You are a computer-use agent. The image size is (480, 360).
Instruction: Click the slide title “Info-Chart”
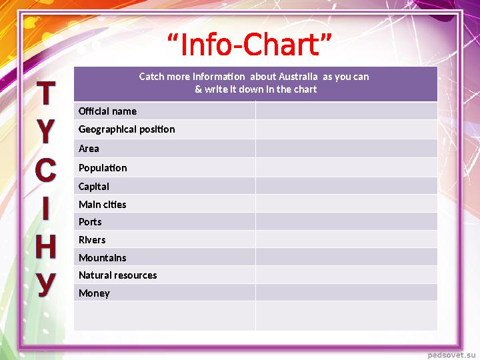(249, 45)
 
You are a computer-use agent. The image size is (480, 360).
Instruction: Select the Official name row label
(107, 111)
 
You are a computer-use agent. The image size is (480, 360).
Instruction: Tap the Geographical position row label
(127, 129)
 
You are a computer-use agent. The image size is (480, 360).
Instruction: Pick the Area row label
(89, 149)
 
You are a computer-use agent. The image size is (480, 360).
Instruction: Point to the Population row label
(103, 167)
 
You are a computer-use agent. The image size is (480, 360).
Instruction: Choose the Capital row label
(94, 187)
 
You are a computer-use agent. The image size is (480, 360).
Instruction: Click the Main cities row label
(102, 205)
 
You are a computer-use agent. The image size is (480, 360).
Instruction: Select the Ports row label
(90, 222)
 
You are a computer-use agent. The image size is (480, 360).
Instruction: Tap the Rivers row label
(92, 240)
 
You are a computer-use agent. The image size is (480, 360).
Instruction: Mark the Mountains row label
(102, 258)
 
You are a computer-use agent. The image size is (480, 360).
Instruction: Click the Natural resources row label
(117, 275)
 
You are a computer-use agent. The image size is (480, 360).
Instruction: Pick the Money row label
(94, 293)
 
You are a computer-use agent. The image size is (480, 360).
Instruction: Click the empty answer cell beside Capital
(346, 186)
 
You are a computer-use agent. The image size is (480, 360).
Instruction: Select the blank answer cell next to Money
(346, 293)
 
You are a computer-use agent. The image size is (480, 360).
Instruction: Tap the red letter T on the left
(45, 95)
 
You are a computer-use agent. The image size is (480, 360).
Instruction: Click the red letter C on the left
(45, 170)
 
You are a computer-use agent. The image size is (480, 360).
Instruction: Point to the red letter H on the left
(45, 247)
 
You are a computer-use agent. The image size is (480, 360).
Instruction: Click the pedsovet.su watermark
(451, 350)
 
